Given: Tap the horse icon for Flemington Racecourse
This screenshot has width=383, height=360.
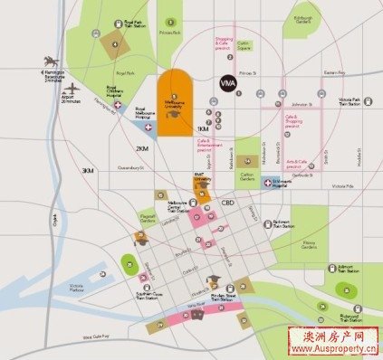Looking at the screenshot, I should [x=46, y=62].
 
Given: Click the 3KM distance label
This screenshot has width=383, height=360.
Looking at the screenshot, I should [x=88, y=170].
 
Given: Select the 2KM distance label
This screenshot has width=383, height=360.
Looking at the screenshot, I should [x=141, y=148].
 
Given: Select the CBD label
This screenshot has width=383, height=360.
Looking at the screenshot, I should [x=228, y=204].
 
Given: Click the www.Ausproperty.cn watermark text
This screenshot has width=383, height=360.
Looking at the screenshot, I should [x=328, y=352].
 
